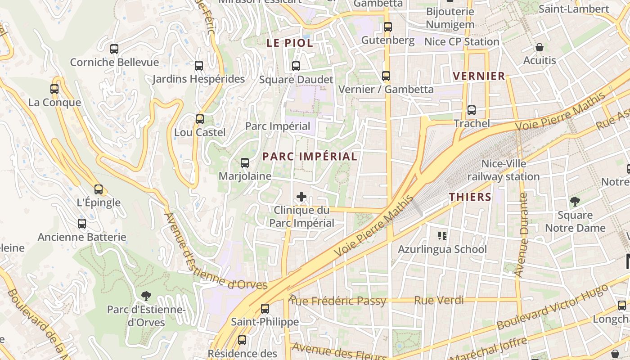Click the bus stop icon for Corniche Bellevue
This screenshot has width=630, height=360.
[114, 49]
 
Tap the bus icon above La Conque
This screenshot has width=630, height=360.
[54, 89]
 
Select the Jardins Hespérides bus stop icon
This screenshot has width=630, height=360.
[199, 66]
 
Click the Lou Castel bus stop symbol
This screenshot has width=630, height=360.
[200, 119]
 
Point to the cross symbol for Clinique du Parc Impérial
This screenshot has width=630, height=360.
[301, 197]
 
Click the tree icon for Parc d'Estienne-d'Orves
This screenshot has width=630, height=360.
[146, 296]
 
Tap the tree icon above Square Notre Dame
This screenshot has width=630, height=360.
[575, 201]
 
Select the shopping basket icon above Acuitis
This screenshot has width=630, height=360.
[539, 47]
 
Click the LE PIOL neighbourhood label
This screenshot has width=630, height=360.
[290, 43]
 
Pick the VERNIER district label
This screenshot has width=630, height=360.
[479, 76]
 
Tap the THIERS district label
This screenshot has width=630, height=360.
[470, 197]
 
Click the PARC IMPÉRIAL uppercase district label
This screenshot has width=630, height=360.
[310, 157]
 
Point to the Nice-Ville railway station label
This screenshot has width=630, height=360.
[504, 170]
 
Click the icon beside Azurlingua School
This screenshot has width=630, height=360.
[442, 235]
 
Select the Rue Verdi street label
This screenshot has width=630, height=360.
[439, 300]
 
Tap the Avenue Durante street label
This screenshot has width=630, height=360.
[522, 234]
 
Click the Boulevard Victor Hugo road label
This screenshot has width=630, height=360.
[556, 309]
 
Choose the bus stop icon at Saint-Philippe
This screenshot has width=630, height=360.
[265, 309]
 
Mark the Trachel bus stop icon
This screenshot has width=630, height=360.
[472, 110]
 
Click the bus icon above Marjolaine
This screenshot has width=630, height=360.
[245, 163]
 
